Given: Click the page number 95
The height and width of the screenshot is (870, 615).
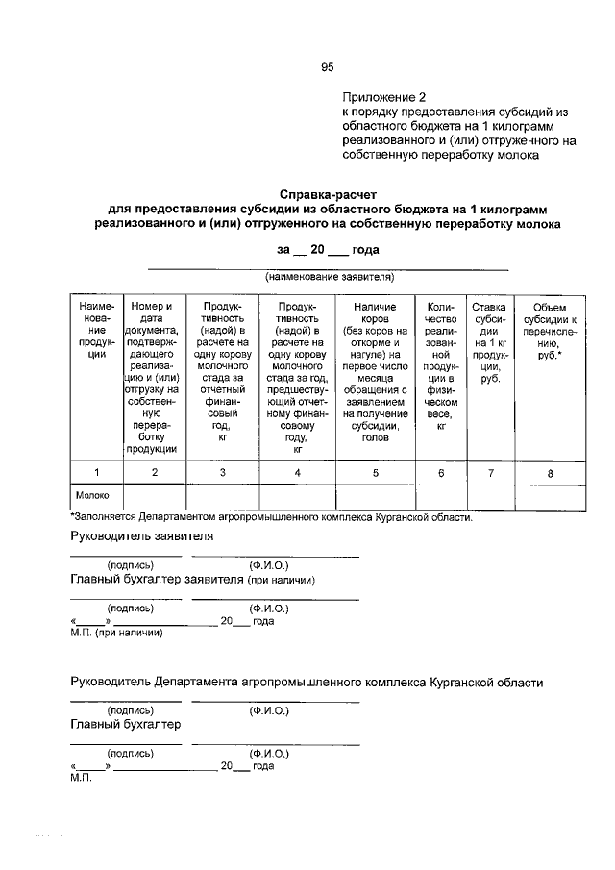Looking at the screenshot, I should tap(327, 67).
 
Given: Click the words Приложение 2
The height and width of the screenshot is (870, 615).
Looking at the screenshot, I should tap(383, 97).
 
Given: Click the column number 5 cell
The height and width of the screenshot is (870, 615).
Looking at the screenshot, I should tap(375, 472).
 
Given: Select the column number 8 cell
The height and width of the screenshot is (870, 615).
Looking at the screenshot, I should tap(550, 472).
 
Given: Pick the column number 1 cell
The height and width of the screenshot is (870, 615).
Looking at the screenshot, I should tap(96, 472).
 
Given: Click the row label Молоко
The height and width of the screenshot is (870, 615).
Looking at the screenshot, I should tap(93, 496).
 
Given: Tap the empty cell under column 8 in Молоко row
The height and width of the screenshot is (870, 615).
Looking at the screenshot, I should tap(550, 496).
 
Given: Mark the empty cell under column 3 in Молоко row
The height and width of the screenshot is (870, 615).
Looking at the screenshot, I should tap(223, 496).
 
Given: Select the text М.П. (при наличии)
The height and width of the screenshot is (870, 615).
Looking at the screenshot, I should tap(117, 634).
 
